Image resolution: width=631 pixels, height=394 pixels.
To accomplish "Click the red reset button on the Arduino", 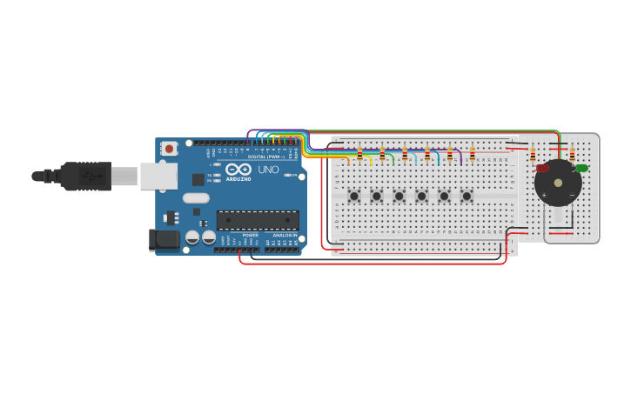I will pos(169,149).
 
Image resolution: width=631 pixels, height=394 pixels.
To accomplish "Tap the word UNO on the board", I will pos(268,170).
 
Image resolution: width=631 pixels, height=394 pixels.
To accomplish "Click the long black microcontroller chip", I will pos(258,220).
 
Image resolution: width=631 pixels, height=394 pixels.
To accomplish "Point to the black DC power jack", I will pos(163,240).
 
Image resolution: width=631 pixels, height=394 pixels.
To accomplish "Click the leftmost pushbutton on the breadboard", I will pos(354,196).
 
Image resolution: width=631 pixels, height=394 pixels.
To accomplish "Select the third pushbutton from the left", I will pos(399,196).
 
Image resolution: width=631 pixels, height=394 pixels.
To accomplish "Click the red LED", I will pos(542,168).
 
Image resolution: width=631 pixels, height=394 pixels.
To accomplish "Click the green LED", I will pos(581,168).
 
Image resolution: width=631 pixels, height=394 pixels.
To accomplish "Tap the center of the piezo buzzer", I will pos(558,183).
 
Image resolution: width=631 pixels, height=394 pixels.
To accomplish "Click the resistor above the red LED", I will pos(533,156).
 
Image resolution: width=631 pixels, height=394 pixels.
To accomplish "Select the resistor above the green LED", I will pos(572,154).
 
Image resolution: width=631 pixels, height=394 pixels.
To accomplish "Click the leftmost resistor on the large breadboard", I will pos(359,154).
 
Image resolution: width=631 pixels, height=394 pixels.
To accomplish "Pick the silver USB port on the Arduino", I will pos(158,177).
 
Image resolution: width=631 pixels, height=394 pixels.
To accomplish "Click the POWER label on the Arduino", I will pos(250,236).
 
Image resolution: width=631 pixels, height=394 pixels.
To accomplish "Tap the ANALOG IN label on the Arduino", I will pos(284,236).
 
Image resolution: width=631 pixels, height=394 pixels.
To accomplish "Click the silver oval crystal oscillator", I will pos(196,198).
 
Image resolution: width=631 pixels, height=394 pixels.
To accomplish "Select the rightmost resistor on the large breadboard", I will pos(473,154).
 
